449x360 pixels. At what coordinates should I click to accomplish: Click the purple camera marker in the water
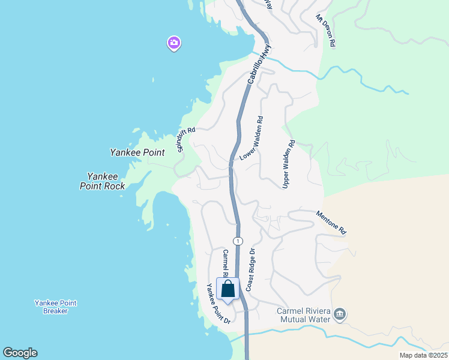(174, 43)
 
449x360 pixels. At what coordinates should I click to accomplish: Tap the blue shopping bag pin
(228, 289)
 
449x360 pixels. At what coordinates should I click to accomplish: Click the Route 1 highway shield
(239, 241)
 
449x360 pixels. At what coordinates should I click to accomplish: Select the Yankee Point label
(137, 152)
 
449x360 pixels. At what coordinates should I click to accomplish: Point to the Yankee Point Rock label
(103, 181)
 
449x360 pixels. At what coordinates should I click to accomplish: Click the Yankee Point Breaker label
(55, 307)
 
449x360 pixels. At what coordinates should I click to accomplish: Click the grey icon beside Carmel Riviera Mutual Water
(340, 314)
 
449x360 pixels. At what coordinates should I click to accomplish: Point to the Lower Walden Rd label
(252, 138)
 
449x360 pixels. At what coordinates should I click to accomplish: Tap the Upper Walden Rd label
(289, 164)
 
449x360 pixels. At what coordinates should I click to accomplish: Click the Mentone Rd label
(331, 222)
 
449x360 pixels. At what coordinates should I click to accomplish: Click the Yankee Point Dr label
(218, 304)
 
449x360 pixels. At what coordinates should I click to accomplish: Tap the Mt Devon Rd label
(327, 30)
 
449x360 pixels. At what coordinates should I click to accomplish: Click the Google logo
(20, 353)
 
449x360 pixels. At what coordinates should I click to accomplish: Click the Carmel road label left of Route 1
(226, 263)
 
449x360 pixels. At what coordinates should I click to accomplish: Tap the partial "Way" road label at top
(270, 5)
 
